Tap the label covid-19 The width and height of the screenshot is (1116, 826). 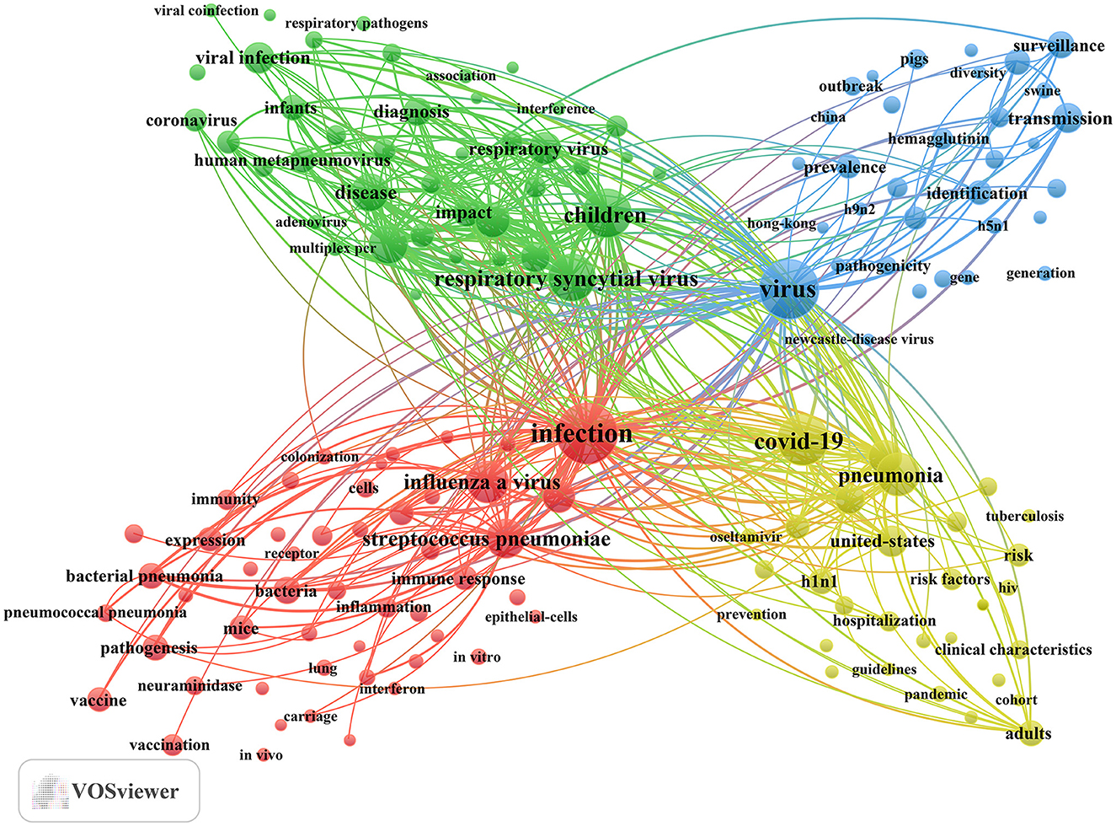[x=798, y=442]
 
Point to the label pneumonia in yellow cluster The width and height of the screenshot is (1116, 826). [x=890, y=476]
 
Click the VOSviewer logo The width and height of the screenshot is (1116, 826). [x=109, y=791]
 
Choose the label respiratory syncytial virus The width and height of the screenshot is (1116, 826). [x=566, y=279]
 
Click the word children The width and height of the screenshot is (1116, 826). [x=605, y=216]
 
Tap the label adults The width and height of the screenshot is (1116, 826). [x=1028, y=733]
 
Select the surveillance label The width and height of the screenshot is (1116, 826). [x=1059, y=46]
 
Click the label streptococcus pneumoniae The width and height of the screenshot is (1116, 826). [x=486, y=539]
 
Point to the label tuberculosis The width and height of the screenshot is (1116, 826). [x=1024, y=516]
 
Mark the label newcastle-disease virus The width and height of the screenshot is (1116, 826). [x=858, y=339]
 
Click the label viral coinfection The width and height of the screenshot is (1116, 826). [x=206, y=11]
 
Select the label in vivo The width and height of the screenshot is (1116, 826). [x=260, y=755]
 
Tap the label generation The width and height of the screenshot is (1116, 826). [x=1040, y=273]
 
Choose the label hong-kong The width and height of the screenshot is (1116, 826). [x=781, y=223]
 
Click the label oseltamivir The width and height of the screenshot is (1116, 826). [x=745, y=537]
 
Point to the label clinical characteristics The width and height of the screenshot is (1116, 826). [x=1012, y=650]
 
